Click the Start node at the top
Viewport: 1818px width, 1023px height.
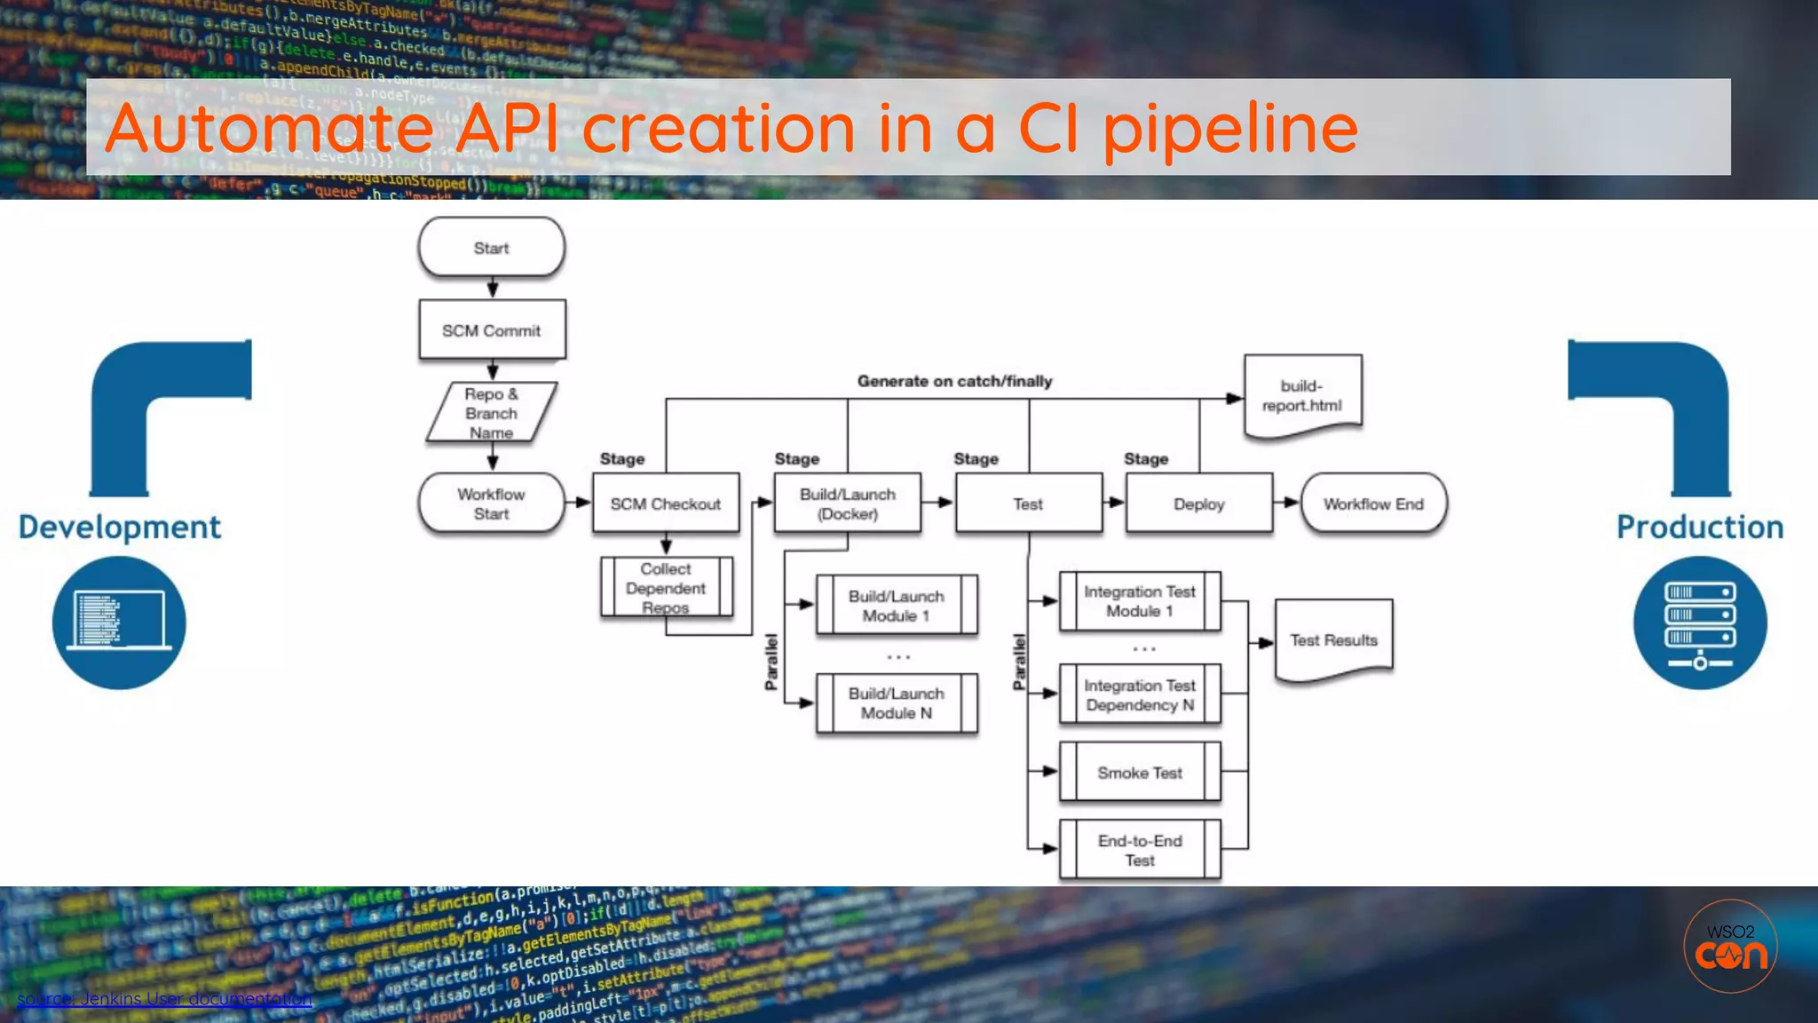[x=491, y=248]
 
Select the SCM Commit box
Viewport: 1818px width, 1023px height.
[x=491, y=330]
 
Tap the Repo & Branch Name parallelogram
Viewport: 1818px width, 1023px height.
[x=491, y=413]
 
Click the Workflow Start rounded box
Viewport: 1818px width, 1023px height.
[x=491, y=504]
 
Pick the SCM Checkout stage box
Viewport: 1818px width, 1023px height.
[x=665, y=504]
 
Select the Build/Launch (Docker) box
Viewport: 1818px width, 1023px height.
[x=847, y=504]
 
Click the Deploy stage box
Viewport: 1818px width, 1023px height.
[x=1198, y=504]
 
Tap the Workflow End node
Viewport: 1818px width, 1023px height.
[x=1373, y=504]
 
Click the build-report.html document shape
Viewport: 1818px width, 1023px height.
[x=1302, y=396]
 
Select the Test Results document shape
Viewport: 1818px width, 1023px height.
[x=1333, y=640]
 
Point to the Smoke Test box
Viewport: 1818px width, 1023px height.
[x=1140, y=773]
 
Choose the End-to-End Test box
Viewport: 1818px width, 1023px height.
[x=1140, y=850]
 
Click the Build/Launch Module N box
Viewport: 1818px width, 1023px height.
[x=896, y=703]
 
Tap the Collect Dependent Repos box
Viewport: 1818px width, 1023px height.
[x=666, y=587]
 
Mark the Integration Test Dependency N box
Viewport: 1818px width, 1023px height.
[x=1140, y=694]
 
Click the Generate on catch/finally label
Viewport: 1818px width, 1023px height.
[x=954, y=381]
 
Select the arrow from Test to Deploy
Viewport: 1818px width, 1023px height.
[x=1114, y=503]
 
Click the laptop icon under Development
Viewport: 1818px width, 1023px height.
[x=119, y=623]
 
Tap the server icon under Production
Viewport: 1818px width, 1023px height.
[x=1699, y=623]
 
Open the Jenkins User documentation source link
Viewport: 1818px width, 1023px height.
[x=164, y=999]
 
